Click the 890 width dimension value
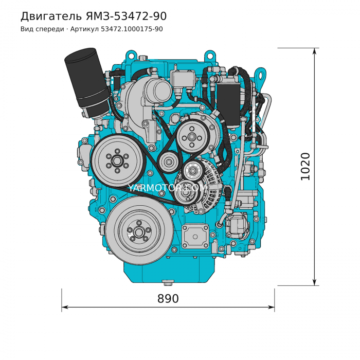(x=168, y=299)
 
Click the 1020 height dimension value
(x=305, y=167)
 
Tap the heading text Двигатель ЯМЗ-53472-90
(x=94, y=16)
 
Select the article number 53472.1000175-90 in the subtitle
(x=132, y=29)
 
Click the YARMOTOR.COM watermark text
(x=167, y=188)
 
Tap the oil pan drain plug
(x=167, y=283)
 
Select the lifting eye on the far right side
(x=260, y=74)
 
